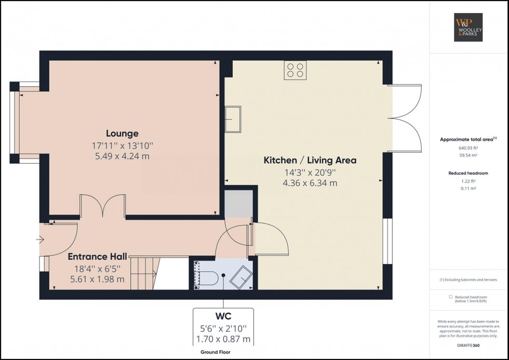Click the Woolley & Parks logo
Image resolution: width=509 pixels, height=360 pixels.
(468, 28)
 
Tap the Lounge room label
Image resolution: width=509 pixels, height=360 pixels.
(122, 134)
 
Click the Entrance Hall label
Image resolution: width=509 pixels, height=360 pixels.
(96, 256)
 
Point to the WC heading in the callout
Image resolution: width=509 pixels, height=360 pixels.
(223, 316)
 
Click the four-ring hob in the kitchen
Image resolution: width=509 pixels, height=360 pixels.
(295, 70)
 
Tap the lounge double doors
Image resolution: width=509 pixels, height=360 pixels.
(102, 207)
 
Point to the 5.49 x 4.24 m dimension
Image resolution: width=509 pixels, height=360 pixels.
(122, 156)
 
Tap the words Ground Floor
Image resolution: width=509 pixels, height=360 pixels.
(216, 352)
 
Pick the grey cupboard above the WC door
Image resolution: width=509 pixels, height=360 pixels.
(238, 203)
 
